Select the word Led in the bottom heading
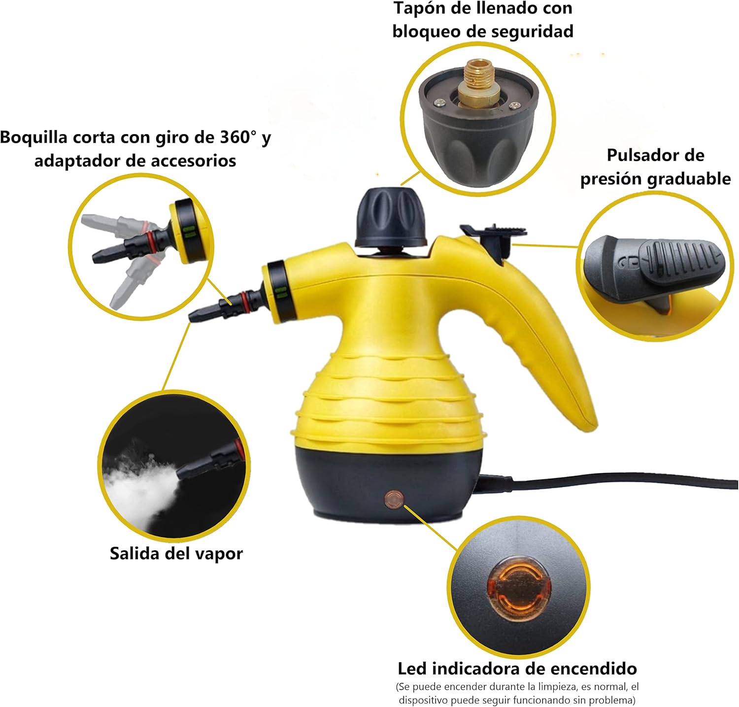[414, 669]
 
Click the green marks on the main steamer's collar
[281, 293]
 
